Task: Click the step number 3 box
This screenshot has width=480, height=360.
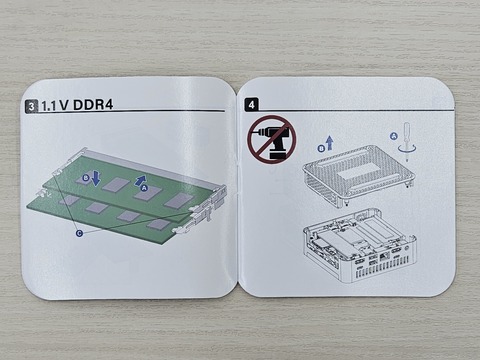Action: [x=32, y=107]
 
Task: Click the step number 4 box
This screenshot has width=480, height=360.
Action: [x=251, y=105]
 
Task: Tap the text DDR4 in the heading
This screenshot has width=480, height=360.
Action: [x=93, y=105]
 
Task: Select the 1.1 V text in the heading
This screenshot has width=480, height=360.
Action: [x=55, y=106]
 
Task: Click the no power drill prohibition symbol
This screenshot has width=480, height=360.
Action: [x=271, y=139]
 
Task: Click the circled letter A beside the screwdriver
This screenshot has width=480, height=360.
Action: [x=394, y=136]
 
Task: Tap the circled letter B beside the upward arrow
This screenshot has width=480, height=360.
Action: [x=322, y=149]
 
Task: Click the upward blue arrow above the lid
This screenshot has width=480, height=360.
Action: [x=330, y=143]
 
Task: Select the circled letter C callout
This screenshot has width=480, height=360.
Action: [x=79, y=233]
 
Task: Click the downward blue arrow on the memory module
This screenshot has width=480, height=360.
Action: [x=96, y=178]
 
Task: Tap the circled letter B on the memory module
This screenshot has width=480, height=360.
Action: [x=86, y=178]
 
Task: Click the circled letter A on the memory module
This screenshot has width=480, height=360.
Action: [x=144, y=188]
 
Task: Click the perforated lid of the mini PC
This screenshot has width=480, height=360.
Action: [x=359, y=175]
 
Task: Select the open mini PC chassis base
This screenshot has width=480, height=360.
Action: [x=359, y=245]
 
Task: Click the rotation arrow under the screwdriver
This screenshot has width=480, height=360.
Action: [x=407, y=149]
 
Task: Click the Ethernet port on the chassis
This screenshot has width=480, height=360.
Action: [x=384, y=256]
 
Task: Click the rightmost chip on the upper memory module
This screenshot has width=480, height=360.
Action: [x=179, y=200]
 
